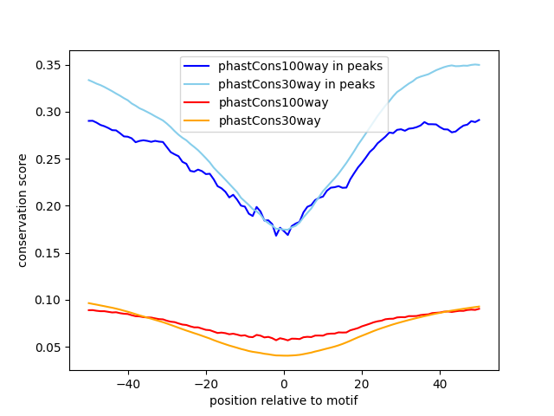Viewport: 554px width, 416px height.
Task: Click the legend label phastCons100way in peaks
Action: click(301, 66)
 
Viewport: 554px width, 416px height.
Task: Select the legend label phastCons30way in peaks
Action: click(296, 84)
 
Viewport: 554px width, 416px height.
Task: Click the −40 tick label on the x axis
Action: click(127, 384)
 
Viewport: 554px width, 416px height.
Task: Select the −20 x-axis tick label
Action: click(205, 384)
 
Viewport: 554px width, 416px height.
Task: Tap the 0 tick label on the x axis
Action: click(284, 384)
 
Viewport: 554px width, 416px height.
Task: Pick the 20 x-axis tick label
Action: click(362, 384)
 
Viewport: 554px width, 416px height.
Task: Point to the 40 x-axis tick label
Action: click(440, 384)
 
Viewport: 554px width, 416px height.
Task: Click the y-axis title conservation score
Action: click(23, 211)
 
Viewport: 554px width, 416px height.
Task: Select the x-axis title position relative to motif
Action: click(284, 400)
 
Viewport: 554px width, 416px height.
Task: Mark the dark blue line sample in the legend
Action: click(198, 66)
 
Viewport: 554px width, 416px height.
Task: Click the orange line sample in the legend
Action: click(198, 120)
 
